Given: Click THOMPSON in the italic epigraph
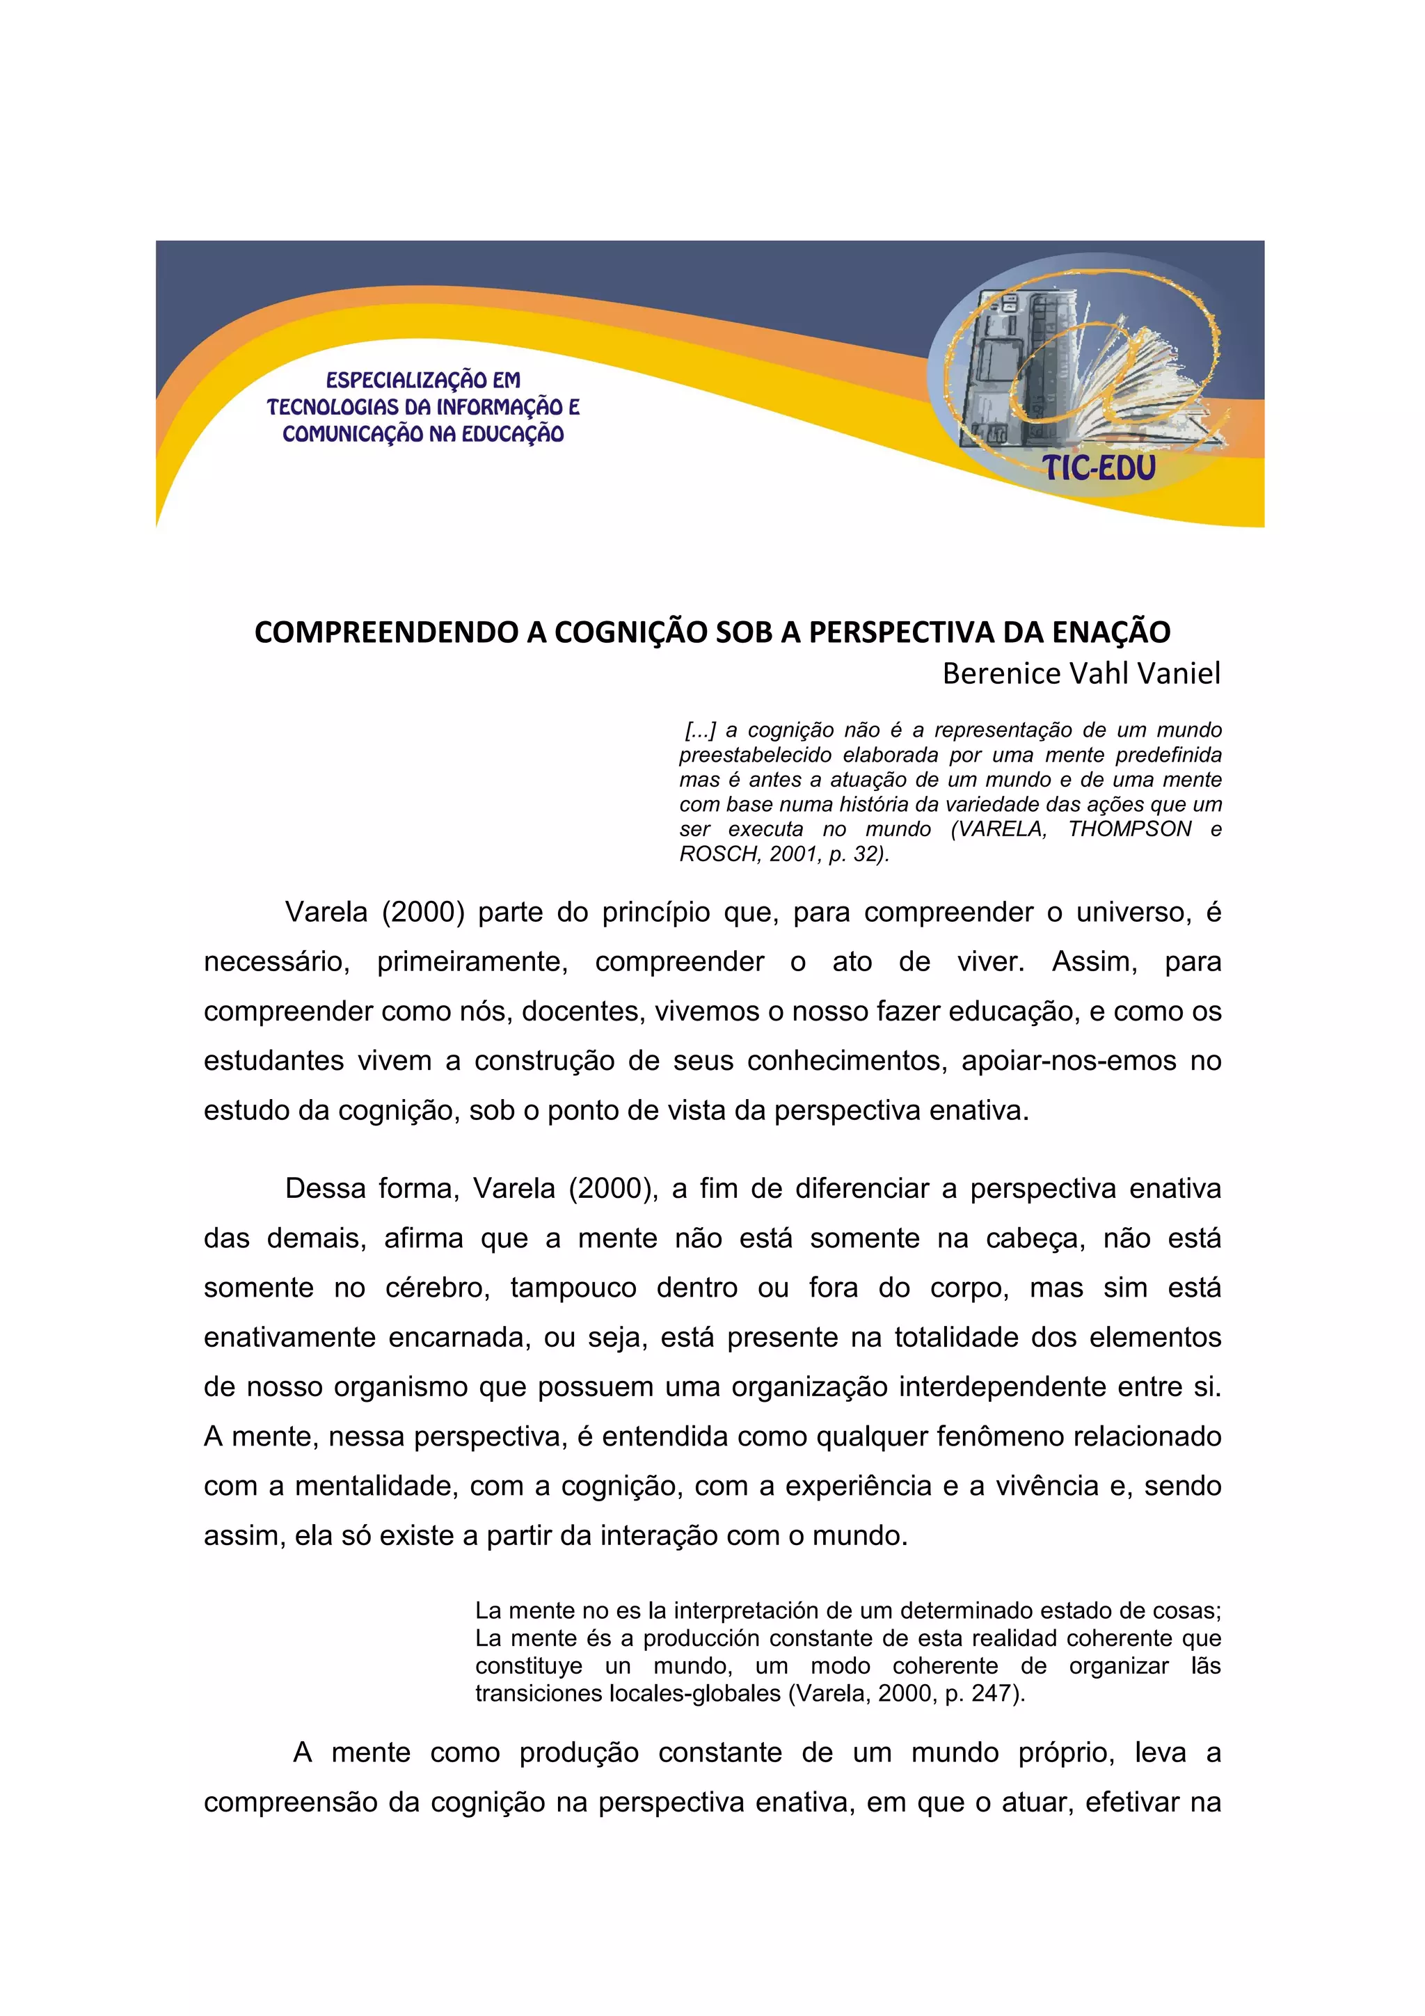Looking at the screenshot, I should point(1129,829).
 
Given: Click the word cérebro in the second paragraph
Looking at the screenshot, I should point(436,1287).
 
